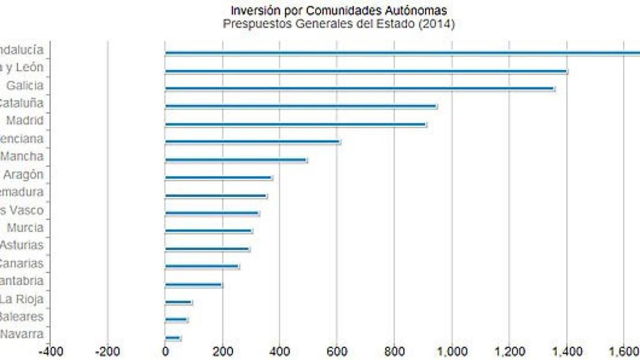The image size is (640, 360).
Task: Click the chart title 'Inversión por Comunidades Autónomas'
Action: coord(338,11)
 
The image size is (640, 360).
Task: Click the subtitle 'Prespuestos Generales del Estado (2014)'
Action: coord(338,24)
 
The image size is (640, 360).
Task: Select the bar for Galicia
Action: coord(359,89)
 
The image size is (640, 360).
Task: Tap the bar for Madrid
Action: coord(295,124)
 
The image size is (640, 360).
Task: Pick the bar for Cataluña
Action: coord(301,106)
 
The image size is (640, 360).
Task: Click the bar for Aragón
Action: coord(218,177)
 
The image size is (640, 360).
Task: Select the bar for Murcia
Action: coord(208,231)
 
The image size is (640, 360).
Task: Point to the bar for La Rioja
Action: coord(178,302)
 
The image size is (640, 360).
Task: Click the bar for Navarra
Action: coord(172,338)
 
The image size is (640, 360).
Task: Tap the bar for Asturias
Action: coord(207,249)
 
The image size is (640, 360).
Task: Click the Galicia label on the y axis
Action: coord(24,86)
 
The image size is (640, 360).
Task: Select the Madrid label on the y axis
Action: coord(24,121)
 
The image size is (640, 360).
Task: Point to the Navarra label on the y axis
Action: coord(22,334)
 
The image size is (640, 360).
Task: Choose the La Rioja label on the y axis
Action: coord(22,298)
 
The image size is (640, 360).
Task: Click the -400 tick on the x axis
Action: coord(51,351)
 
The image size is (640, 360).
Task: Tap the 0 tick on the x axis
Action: coord(165,351)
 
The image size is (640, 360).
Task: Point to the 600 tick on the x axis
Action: coord(337,351)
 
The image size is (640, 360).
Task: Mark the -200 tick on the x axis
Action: coord(107,351)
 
